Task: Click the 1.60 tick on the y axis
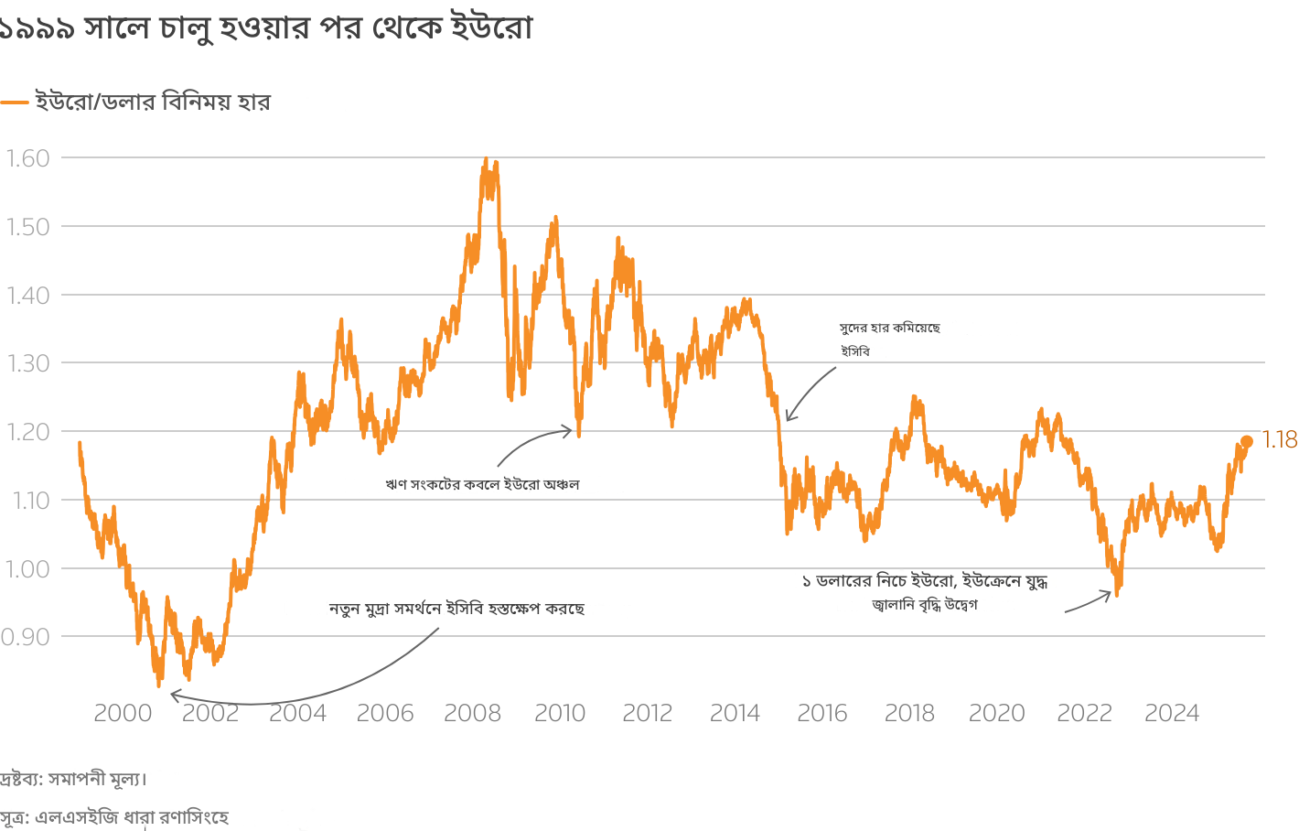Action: click(x=27, y=158)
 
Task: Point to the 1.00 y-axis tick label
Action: click(x=27, y=568)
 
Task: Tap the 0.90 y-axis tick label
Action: click(x=25, y=637)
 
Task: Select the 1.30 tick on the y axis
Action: click(x=27, y=363)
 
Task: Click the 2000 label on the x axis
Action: click(x=123, y=714)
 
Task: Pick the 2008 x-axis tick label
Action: click(x=472, y=714)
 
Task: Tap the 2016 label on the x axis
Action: click(x=821, y=714)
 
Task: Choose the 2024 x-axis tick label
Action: click(x=1171, y=714)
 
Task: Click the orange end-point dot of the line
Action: click(x=1246, y=442)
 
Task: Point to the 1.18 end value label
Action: click(x=1280, y=440)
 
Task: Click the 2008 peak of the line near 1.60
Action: click(x=486, y=160)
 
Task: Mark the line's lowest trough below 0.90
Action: click(x=158, y=684)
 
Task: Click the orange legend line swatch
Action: click(x=15, y=103)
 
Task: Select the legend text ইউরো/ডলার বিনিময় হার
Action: click(x=153, y=102)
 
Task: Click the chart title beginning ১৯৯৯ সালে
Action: click(x=265, y=28)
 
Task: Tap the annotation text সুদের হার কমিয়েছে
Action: click(x=889, y=328)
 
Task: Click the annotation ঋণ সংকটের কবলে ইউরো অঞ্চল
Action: click(x=482, y=484)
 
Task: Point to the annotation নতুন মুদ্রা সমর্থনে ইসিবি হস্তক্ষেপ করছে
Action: click(x=456, y=609)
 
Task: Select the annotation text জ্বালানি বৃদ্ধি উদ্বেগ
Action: click(x=925, y=605)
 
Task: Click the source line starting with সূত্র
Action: click(x=114, y=817)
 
